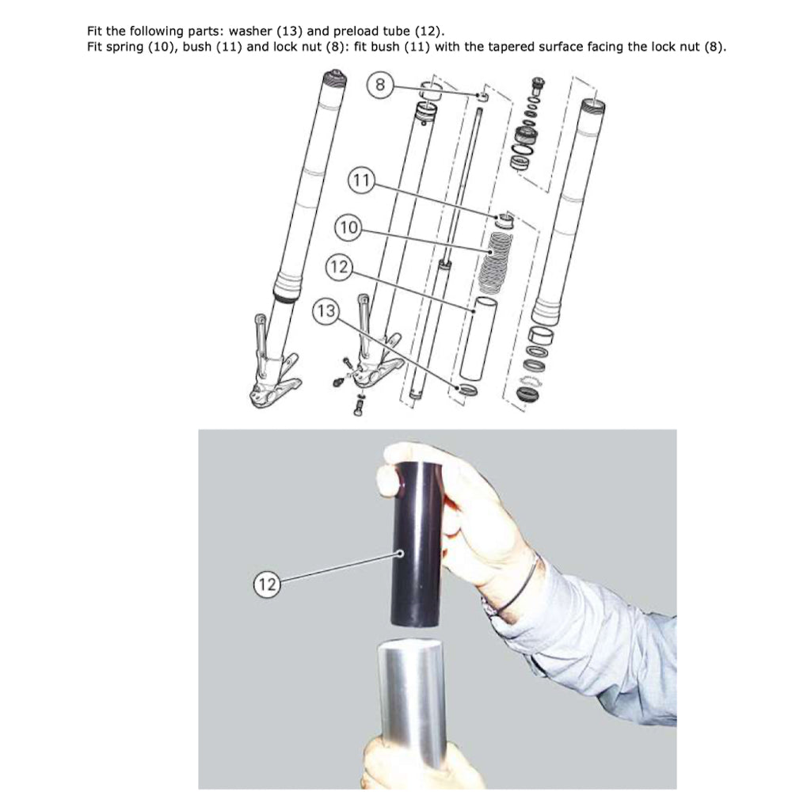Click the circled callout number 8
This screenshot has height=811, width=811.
point(380,84)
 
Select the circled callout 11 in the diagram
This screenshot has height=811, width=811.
point(361,180)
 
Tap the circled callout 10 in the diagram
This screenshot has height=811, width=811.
point(348,227)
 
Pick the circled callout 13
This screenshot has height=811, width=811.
point(326,310)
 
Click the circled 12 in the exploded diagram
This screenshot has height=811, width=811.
point(339,267)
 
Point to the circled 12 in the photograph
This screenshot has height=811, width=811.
point(267,584)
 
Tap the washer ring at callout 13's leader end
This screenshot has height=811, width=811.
point(466,389)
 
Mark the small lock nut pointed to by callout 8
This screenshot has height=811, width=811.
point(482,96)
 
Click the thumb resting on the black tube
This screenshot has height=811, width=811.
point(387,477)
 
